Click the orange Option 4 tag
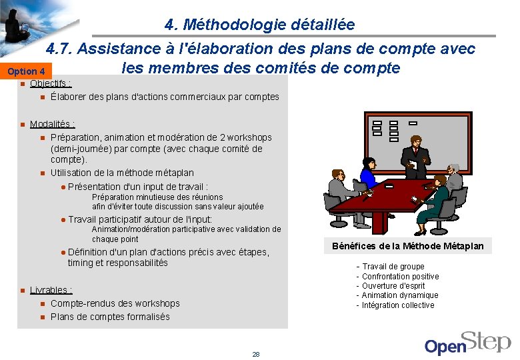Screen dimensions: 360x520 [27, 71]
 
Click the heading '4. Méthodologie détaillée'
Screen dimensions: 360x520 [259, 25]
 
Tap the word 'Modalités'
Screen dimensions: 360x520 [52, 124]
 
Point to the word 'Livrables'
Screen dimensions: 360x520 [51, 290]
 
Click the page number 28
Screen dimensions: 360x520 [256, 354]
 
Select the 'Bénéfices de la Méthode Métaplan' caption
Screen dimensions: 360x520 [408, 246]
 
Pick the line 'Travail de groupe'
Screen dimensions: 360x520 [393, 267]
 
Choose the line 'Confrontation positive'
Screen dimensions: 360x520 [400, 276]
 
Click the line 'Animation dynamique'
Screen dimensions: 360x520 [400, 295]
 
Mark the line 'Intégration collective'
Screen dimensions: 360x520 [398, 305]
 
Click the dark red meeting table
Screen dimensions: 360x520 [393, 200]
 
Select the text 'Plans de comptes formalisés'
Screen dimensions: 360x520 [110, 317]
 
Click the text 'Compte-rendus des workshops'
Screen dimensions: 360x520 [115, 303]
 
